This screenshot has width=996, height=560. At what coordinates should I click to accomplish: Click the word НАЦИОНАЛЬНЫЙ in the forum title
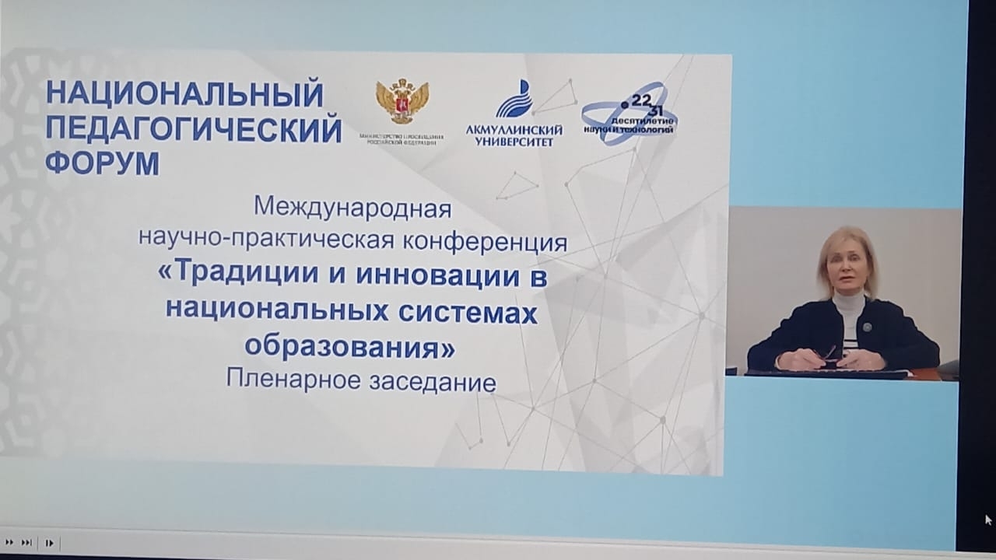pos(184,95)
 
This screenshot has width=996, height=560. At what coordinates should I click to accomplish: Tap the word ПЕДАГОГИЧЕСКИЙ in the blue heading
pos(194,130)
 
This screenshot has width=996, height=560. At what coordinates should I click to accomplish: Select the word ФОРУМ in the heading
pos(103,164)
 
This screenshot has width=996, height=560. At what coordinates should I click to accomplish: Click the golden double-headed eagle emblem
pos(402,101)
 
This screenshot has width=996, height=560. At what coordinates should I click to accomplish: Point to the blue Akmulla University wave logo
pos(514,99)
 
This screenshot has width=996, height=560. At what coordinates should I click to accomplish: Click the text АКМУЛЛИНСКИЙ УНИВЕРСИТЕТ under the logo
pos(514,135)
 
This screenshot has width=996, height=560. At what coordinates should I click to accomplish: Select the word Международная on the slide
pos(352,208)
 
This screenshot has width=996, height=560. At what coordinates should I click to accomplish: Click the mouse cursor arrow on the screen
pos(988,520)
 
